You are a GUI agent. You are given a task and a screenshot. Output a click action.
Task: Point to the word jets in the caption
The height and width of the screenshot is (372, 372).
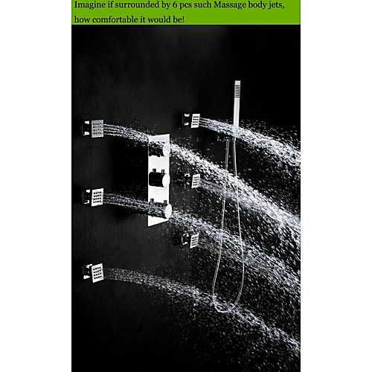[x=278, y=5]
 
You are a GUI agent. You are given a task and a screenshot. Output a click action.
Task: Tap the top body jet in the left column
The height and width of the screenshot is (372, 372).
[x=93, y=129]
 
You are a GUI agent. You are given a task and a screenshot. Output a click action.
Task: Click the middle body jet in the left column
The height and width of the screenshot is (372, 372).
[x=93, y=197]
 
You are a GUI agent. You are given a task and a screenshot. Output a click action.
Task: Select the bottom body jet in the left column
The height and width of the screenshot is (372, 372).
[x=93, y=273]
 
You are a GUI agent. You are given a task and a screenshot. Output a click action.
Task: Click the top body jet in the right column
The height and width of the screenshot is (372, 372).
[x=192, y=121]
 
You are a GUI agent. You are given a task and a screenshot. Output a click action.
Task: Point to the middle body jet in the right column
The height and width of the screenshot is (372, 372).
[x=193, y=181]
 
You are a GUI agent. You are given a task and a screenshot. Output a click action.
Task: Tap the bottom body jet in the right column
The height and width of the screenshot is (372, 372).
[x=190, y=240]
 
